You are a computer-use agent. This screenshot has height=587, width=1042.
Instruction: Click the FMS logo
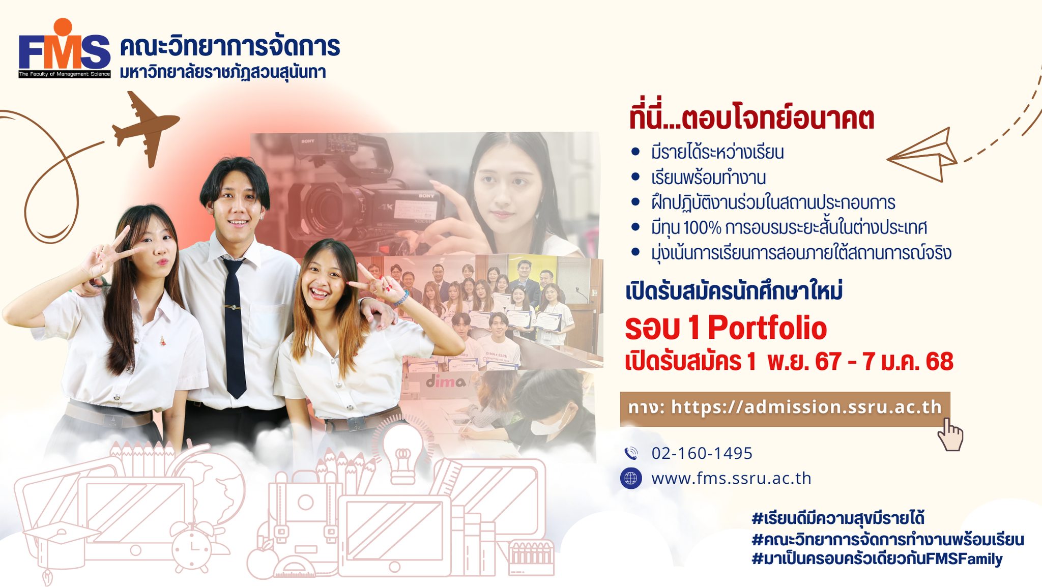pyautogui.click(x=65, y=48)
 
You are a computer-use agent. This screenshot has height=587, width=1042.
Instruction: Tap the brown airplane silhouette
pyautogui.click(x=146, y=128)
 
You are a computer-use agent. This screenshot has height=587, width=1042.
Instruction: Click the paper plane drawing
pyautogui.click(x=922, y=155)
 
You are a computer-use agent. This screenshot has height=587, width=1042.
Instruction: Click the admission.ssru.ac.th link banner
pyautogui.click(x=785, y=408)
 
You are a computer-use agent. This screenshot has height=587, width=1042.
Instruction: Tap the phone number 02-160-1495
pyautogui.click(x=702, y=453)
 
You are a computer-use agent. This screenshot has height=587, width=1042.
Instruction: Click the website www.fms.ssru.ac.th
pyautogui.click(x=731, y=478)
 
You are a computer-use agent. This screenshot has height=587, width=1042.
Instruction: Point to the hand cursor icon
pyautogui.click(x=950, y=434)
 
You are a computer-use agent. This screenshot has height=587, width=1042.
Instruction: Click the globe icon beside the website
pyautogui.click(x=631, y=478)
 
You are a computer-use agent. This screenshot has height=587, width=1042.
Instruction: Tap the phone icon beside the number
pyautogui.click(x=631, y=453)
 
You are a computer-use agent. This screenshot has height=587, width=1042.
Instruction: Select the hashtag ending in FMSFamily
pyautogui.click(x=877, y=559)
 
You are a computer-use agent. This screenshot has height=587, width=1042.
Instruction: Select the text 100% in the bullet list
pyautogui.click(x=702, y=227)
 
